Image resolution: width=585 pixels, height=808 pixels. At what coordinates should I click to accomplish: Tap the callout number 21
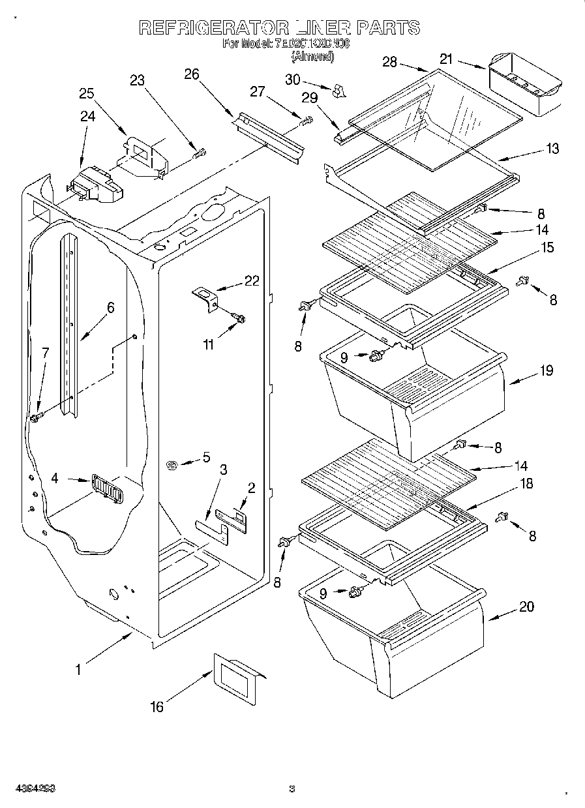(x=446, y=59)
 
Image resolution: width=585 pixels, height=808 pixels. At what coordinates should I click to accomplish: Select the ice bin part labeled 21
(x=524, y=85)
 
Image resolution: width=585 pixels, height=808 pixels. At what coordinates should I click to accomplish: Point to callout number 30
(x=293, y=79)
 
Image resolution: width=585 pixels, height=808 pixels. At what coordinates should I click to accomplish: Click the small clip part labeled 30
(x=337, y=91)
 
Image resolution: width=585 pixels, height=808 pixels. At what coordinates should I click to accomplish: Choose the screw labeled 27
(x=305, y=121)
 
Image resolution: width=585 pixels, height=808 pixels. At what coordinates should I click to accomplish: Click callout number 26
(x=191, y=74)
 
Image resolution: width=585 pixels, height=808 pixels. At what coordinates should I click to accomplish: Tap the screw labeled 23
(x=200, y=153)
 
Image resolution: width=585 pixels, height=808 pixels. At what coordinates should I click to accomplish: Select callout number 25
(x=87, y=93)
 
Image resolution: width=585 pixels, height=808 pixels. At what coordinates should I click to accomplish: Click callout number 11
(x=207, y=345)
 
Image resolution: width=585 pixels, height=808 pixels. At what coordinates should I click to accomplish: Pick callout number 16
(x=157, y=706)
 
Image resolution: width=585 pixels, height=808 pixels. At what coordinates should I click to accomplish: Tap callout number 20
(x=526, y=606)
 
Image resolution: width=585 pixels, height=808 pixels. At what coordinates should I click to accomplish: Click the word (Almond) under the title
(x=312, y=57)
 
